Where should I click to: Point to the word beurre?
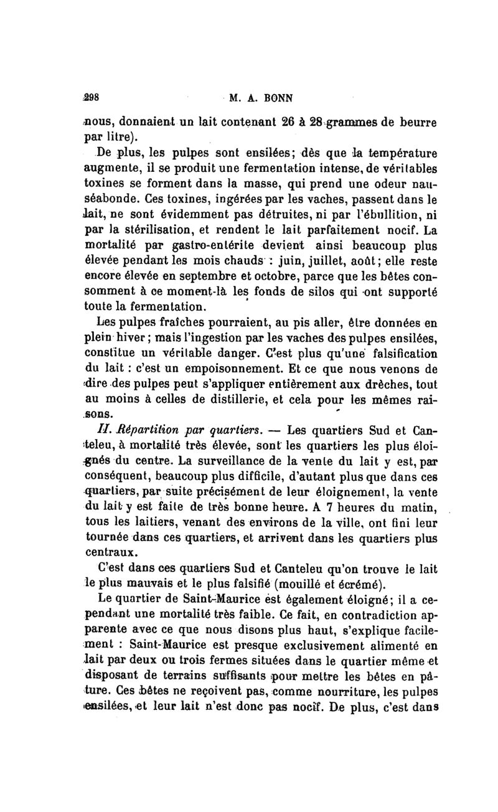pyautogui.click(x=413, y=121)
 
